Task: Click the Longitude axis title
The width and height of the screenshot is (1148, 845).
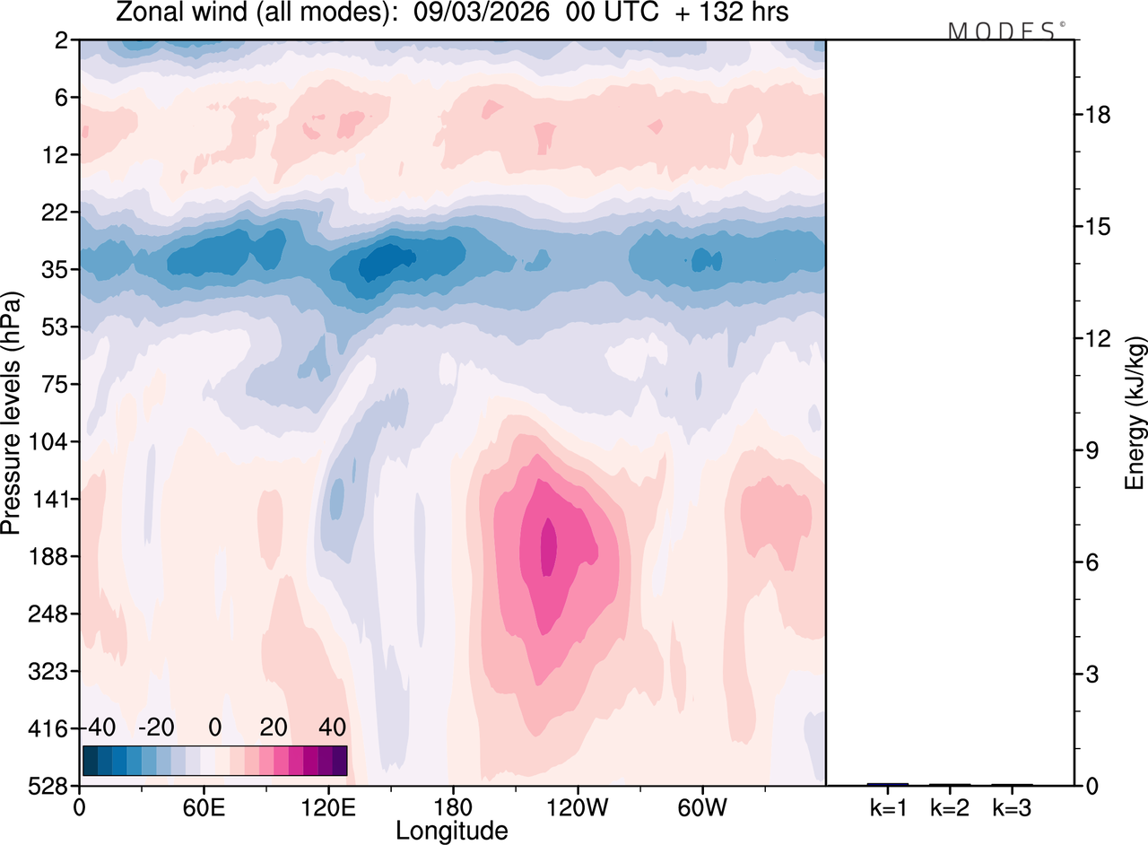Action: (x=452, y=831)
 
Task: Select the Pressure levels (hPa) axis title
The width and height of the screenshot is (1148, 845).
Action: (x=12, y=413)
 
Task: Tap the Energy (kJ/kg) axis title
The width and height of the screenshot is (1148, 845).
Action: (x=1135, y=414)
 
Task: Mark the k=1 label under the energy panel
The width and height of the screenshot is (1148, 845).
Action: (x=887, y=808)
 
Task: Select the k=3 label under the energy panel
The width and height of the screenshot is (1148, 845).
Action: (x=1012, y=808)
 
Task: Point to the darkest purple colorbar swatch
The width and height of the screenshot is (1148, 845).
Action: (x=339, y=761)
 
